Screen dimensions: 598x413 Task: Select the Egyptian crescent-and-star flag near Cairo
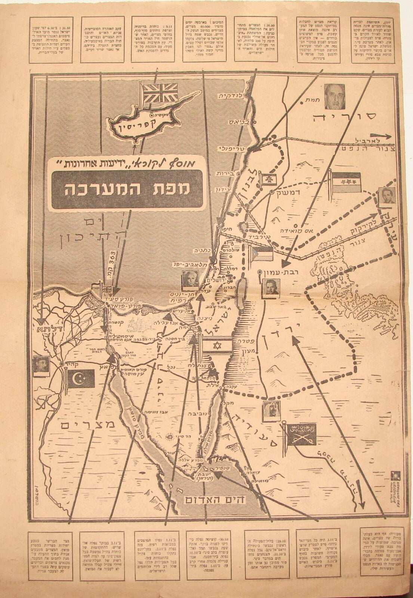(81, 380)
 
